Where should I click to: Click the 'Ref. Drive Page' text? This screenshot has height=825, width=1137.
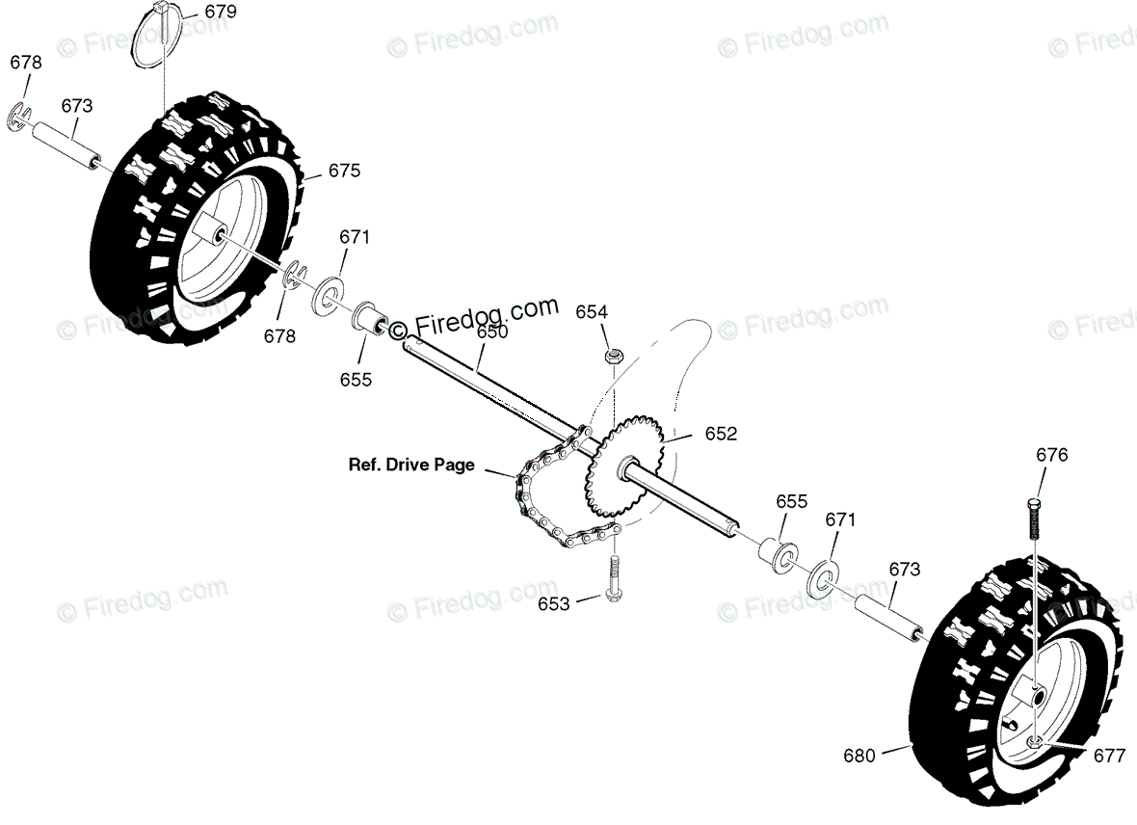coord(411,465)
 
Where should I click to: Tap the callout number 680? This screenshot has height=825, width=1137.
coord(859,756)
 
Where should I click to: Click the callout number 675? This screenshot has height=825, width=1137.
coord(344,171)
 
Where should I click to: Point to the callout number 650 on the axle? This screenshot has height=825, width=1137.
coord(491,333)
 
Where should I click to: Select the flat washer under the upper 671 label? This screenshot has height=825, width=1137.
coord(328,293)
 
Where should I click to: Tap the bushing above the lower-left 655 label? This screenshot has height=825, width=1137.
coord(370,318)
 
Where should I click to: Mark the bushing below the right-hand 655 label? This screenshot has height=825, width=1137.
coord(777,554)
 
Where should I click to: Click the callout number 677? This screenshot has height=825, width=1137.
coord(1109,757)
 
